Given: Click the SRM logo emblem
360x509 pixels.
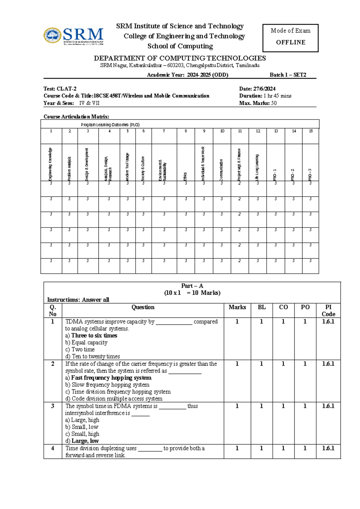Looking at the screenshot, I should (53, 35).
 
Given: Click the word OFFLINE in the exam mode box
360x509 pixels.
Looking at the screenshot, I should (290, 42).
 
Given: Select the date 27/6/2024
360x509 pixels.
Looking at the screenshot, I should (264, 89).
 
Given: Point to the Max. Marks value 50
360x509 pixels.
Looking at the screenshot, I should (274, 103).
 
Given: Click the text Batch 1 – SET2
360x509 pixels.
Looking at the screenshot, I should (288, 75).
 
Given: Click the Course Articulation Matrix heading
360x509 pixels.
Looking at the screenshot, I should (76, 116).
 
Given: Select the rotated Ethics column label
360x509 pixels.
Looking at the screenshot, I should (185, 176).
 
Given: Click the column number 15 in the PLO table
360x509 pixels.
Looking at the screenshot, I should (311, 131).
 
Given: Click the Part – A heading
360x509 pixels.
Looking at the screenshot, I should (192, 286).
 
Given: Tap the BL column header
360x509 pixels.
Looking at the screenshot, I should (262, 307).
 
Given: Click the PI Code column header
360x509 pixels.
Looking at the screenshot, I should (328, 310).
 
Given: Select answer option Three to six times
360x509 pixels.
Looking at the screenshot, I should (94, 336).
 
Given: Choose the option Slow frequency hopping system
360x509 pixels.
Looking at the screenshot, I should (110, 384).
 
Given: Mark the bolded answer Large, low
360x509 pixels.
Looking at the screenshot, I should (85, 441).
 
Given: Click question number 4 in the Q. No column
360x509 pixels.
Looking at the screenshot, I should (52, 448).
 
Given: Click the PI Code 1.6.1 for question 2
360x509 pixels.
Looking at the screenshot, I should (328, 364).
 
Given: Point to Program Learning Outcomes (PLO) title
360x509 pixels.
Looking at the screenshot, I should (110, 125).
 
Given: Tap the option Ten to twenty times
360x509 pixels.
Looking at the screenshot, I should (96, 356).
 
